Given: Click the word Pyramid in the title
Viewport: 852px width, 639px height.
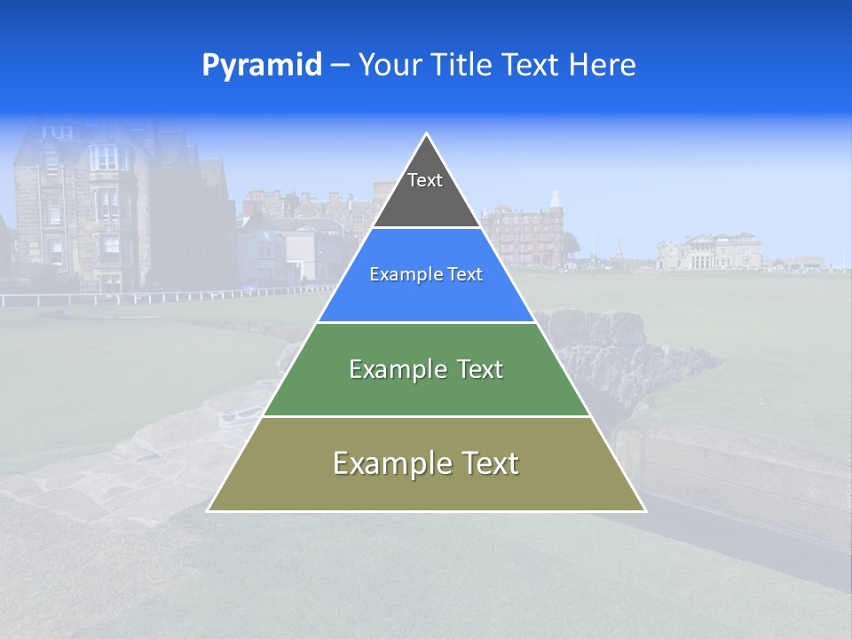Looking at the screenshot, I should click(261, 65).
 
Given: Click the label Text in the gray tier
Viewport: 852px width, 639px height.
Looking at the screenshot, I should click(425, 180).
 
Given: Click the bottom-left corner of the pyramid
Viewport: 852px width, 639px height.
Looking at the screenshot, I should click(209, 510).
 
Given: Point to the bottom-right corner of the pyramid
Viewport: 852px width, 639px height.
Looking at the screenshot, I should click(644, 510).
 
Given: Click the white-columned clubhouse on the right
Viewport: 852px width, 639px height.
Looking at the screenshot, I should click(710, 252).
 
